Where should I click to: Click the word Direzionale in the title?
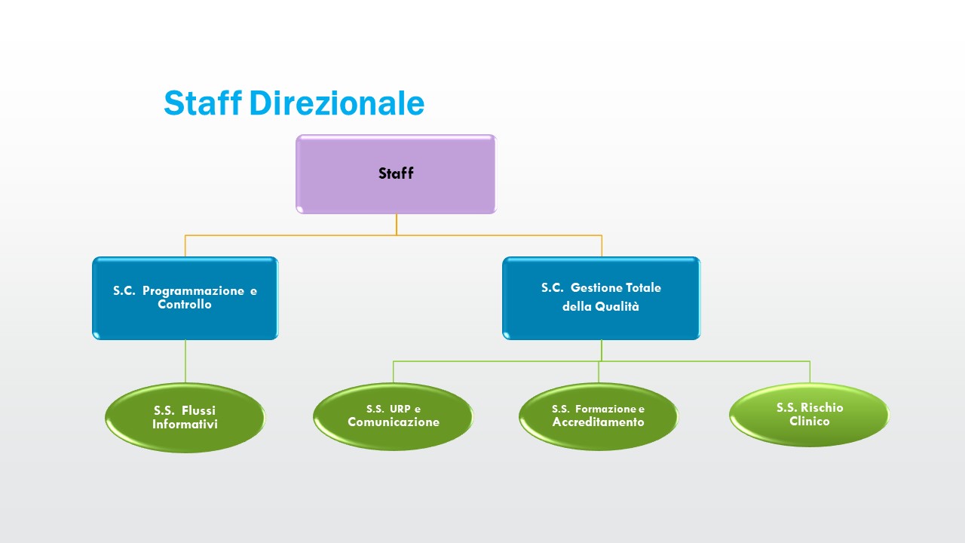pos(336,103)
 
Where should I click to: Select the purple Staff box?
pos(396,174)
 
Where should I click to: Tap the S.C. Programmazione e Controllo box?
pos(185,299)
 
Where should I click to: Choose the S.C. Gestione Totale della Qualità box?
pos(601,299)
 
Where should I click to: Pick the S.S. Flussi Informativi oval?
pos(185,418)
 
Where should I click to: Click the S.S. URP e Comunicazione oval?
pos(393,416)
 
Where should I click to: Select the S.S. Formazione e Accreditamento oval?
pos(599,416)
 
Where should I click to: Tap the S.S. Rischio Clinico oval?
pos(809,415)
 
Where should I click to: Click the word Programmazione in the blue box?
pos(194,291)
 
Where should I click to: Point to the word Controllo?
pos(185,305)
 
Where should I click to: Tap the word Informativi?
pos(185,425)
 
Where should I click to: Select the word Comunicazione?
pos(394,422)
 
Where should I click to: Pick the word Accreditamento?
pos(599,422)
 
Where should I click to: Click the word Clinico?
pos(810,421)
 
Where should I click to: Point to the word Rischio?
pos(821,407)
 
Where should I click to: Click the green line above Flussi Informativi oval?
pos(185,361)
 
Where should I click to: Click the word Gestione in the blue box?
pos(596,287)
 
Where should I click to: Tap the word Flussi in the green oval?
pos(198,411)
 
